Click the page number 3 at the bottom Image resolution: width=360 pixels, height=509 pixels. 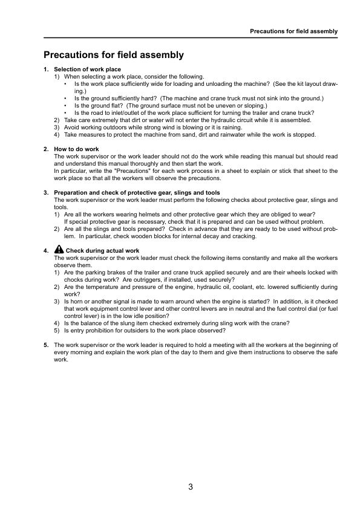pyautogui.click(x=190, y=487)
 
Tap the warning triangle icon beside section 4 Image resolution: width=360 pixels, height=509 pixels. pyautogui.click(x=59, y=249)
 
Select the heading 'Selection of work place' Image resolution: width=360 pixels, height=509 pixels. pyautogui.click(x=88, y=70)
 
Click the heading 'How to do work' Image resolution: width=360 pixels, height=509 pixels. pyautogui.click(x=77, y=149)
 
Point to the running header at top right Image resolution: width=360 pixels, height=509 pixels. pyautogui.click(x=293, y=31)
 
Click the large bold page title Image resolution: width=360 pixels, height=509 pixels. pyautogui.click(x=114, y=55)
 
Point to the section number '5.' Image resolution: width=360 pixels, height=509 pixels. pyautogui.click(x=47, y=345)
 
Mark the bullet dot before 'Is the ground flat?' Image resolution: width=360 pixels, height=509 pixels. pyautogui.click(x=65, y=105)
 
